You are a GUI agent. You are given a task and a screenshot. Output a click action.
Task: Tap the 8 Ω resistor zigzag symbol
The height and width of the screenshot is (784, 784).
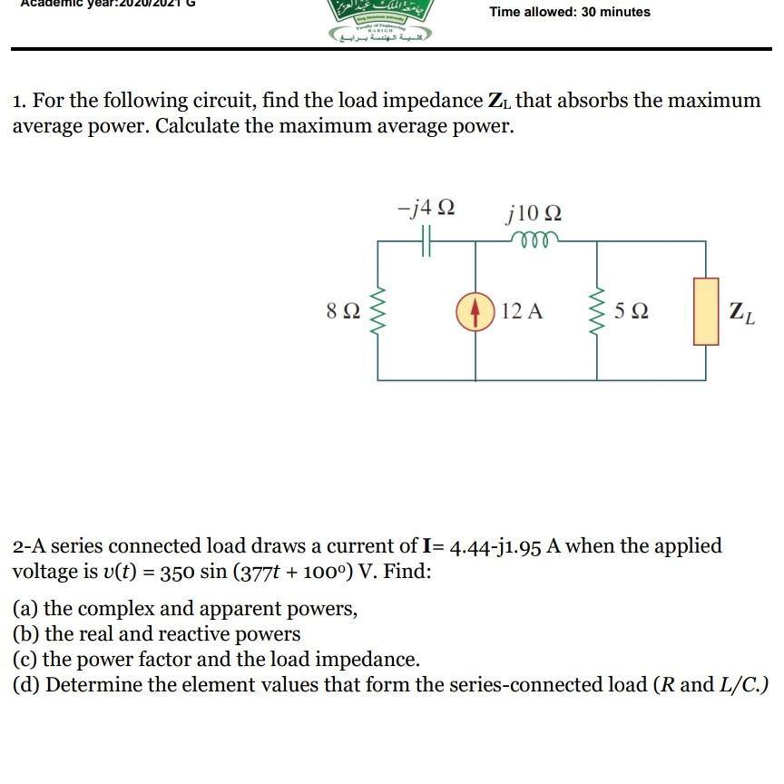coord(378,311)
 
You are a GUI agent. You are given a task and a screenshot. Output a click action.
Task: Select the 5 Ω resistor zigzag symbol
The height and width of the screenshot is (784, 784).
coord(598,311)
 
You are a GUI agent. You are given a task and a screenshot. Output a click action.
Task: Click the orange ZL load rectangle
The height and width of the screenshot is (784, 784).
coord(706,311)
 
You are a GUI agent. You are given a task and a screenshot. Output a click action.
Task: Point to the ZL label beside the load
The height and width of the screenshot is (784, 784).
coord(741,313)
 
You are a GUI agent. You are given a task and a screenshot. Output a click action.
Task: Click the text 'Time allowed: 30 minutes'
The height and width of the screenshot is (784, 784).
coord(570,12)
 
